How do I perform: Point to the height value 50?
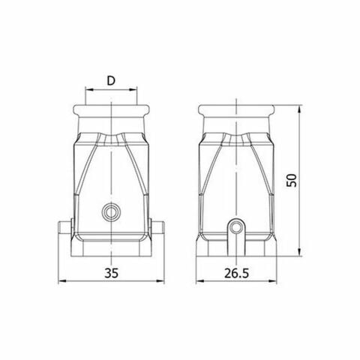pos(292,180)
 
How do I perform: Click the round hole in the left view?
pos(112,212)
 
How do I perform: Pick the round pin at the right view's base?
pos(238,226)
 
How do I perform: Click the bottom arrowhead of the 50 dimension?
pos(299,253)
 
